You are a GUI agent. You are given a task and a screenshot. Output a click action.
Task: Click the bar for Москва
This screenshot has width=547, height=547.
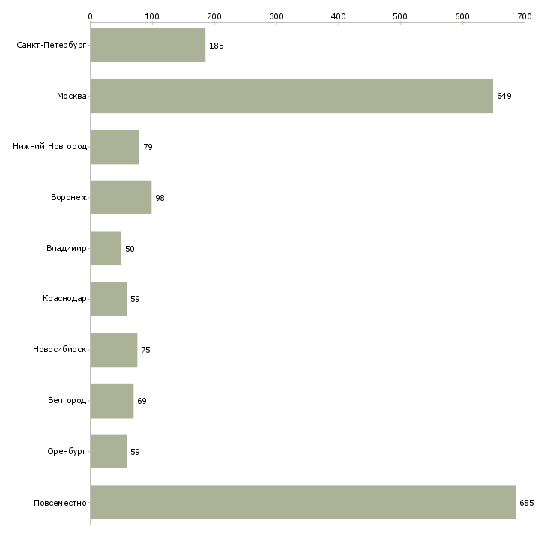(x=291, y=96)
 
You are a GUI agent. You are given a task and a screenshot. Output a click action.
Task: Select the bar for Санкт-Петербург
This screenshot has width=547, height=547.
(x=148, y=45)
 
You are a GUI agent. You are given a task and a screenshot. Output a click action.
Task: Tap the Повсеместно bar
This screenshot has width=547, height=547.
(x=303, y=502)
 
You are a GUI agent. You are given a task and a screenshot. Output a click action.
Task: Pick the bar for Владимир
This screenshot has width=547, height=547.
(x=106, y=248)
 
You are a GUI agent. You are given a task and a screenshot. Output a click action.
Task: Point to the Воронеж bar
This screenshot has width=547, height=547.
(x=121, y=198)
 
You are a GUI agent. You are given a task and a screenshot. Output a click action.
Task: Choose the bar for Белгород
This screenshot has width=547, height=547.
(x=112, y=401)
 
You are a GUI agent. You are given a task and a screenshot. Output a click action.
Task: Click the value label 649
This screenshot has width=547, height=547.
(x=504, y=96)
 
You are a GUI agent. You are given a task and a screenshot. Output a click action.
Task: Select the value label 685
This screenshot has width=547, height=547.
(x=526, y=503)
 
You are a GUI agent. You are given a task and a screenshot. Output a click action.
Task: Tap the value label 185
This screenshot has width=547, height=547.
(x=216, y=46)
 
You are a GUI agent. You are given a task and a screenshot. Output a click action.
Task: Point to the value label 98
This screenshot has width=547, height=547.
(x=160, y=198)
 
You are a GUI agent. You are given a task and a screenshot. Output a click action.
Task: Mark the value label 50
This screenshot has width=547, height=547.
(x=130, y=249)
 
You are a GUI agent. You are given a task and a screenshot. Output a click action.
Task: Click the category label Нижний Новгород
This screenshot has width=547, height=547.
(x=49, y=147)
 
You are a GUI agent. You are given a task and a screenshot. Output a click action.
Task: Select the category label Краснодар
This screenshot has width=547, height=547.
(x=64, y=299)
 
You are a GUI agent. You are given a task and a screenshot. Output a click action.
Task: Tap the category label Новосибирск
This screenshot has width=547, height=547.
(x=60, y=350)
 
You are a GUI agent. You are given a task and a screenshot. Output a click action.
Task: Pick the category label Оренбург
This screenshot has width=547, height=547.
(x=66, y=452)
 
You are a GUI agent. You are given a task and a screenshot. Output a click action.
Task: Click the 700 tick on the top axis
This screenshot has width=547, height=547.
(x=524, y=16)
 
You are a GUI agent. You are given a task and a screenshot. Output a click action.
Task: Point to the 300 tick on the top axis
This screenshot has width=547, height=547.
(x=276, y=16)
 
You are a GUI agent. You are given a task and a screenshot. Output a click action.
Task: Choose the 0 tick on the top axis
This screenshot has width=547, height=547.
(x=90, y=16)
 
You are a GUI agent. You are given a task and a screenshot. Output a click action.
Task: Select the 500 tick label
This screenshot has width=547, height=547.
(x=400, y=16)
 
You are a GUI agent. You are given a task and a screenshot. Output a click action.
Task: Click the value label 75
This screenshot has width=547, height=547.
(x=145, y=350)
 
